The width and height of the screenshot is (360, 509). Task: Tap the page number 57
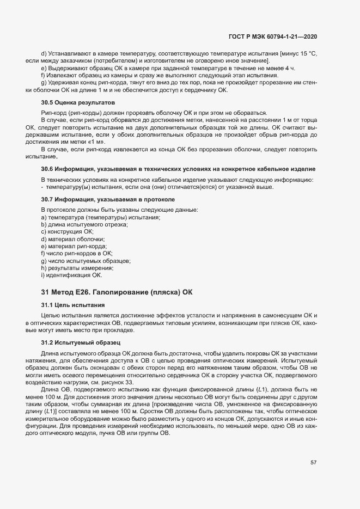(x=314, y=463)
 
